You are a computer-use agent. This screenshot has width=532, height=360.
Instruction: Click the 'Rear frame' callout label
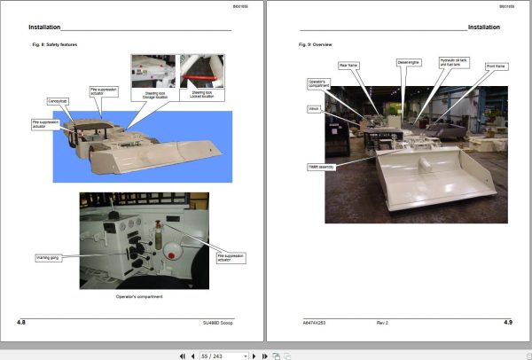tap(348, 65)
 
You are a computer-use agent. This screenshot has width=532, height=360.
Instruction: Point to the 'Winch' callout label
tap(314, 109)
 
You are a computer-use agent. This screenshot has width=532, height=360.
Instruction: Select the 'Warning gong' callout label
tap(47, 258)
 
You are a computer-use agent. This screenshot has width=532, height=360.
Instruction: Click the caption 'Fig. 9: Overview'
tap(315, 43)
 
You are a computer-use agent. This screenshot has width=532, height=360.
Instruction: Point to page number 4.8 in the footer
tap(21, 322)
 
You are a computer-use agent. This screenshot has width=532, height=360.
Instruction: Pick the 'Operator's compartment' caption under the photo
tap(137, 296)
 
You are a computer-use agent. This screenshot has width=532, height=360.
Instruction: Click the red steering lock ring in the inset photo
tap(197, 68)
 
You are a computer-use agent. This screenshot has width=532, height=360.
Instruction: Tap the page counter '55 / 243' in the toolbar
tap(223, 355)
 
